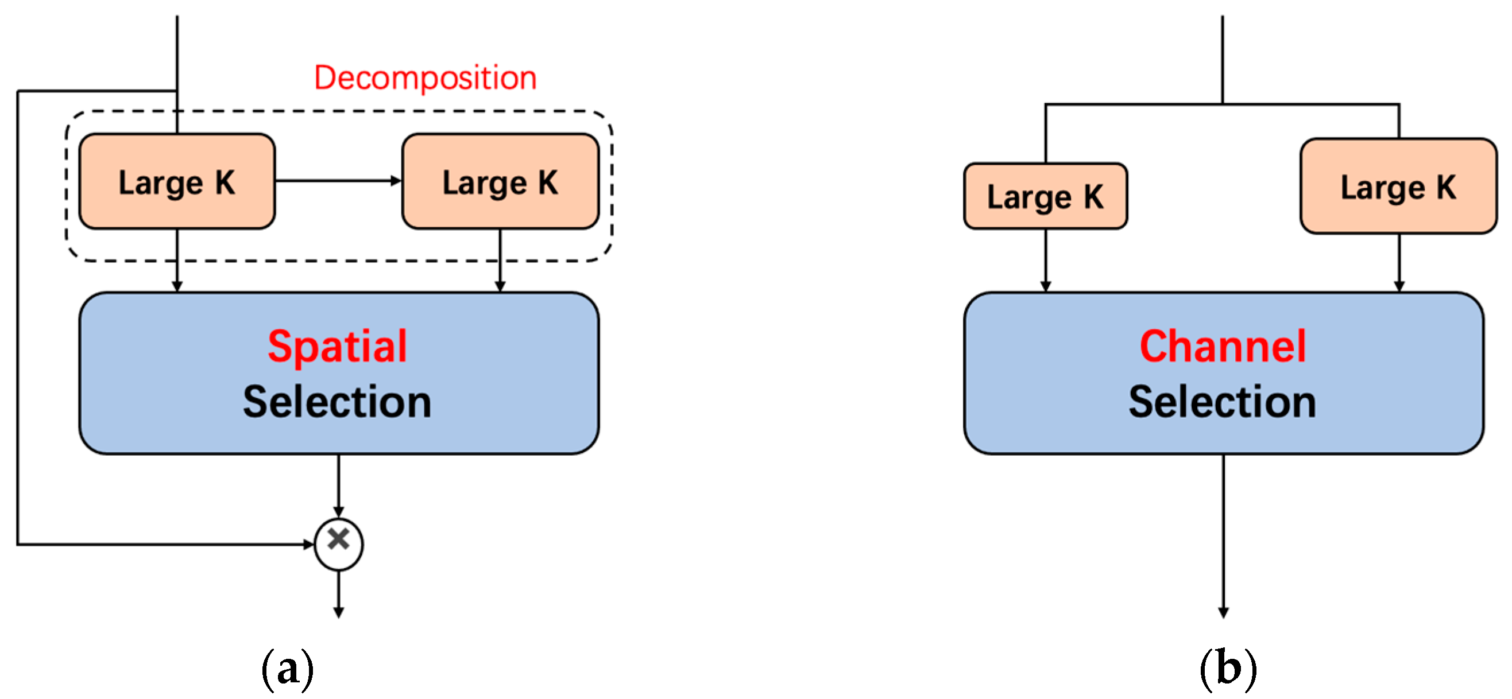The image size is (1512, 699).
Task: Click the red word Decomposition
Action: point(425,78)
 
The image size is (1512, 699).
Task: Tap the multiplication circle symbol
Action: point(339,543)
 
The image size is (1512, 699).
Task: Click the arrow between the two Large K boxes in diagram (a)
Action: point(338,181)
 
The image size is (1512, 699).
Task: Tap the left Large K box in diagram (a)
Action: point(177,182)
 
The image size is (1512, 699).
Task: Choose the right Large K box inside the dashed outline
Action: point(500,182)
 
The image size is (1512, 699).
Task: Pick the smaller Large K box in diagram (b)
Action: point(1045,196)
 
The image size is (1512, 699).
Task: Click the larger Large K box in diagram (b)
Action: point(1398,187)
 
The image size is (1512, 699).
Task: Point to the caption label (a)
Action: point(288,669)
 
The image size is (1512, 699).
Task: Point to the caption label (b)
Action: point(1228,669)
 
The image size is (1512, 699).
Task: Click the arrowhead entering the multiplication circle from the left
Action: point(309,544)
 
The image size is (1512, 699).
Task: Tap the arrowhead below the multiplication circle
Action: point(339,612)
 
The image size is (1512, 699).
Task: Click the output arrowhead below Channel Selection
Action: point(1223,612)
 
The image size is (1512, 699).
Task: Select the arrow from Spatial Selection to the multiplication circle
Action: point(339,484)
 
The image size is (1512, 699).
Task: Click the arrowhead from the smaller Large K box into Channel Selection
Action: point(1045,286)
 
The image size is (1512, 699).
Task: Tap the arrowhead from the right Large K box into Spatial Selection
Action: point(500,286)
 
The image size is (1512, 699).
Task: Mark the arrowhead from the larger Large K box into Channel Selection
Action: point(1399,286)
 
